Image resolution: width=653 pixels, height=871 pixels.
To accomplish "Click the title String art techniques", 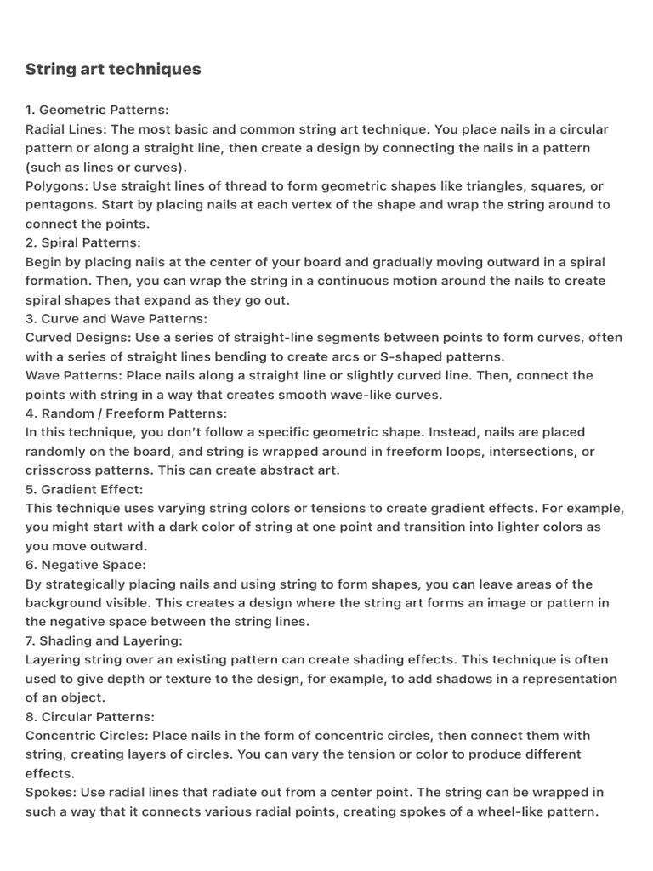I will pos(113,69).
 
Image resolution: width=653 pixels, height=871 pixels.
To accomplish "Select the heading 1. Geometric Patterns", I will pos(97,110).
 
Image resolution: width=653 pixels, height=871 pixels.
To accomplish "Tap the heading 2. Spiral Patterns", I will pos(83,242).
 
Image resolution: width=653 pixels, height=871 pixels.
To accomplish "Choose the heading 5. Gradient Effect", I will pos(84,489).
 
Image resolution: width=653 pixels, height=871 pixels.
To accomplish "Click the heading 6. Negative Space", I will pos(86,565).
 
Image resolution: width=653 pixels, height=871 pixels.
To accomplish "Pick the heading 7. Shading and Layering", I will pos(104,640).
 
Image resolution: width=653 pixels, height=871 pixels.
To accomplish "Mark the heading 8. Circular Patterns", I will pos(90,716).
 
